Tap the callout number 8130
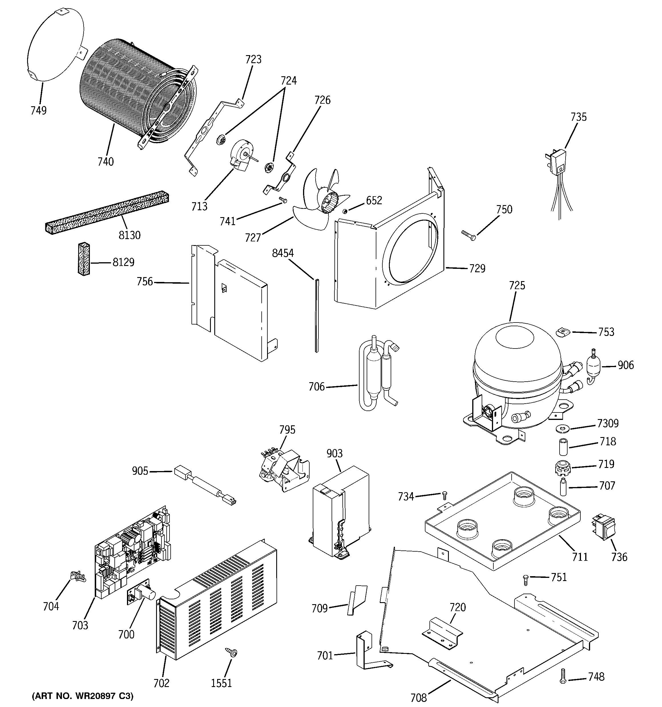coord(129,235)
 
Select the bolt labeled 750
coord(468,236)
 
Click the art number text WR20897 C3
coord(82,696)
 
